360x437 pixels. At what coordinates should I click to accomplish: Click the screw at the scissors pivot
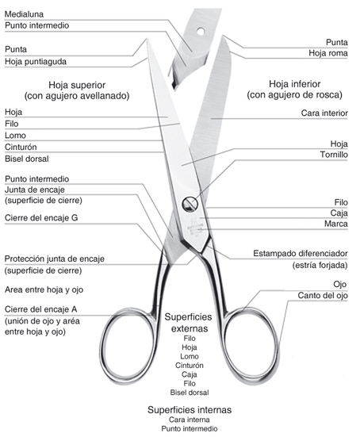coord(190,204)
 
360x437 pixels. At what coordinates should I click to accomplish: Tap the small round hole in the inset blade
coord(201,31)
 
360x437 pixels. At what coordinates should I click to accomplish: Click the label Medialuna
coord(24,14)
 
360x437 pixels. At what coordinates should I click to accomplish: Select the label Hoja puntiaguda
coord(36,62)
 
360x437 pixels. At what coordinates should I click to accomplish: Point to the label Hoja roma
coord(328,53)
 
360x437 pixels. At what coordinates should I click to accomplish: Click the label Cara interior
coord(324,113)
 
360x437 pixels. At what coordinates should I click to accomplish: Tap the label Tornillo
coord(334,155)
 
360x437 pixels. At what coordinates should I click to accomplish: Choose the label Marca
coord(336,224)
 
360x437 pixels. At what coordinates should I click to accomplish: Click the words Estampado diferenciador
coord(301,254)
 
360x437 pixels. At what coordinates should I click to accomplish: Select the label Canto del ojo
coord(323,295)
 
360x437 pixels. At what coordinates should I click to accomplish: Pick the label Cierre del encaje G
coord(41,218)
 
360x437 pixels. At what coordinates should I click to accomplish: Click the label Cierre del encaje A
coord(41,309)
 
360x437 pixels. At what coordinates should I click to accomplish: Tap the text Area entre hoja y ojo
coord(44,289)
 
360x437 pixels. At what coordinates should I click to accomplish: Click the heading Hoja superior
coord(77,85)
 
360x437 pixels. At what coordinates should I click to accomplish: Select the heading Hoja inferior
coord(294,83)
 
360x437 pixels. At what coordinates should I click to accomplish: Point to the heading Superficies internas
coord(190,410)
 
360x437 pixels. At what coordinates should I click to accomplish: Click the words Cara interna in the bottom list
coord(190,420)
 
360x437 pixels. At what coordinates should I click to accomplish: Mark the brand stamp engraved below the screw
coord(195,226)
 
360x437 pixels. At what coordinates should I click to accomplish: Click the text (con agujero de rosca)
coord(294,95)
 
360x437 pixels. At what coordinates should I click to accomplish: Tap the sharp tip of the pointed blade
coord(146,40)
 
